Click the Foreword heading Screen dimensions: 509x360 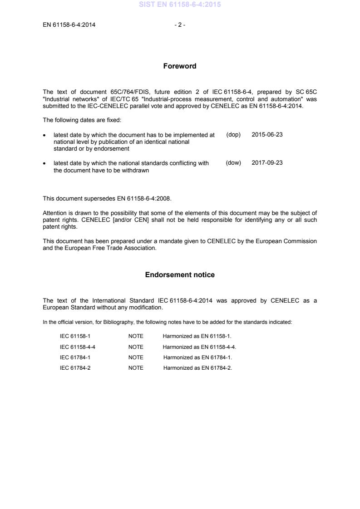180,66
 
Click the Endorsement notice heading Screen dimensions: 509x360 180,275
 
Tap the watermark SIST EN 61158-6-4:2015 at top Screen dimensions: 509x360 180,5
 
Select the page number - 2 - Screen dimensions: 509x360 180,25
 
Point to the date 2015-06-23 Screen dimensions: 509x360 267,135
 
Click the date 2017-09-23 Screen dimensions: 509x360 267,162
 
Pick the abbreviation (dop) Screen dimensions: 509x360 233,135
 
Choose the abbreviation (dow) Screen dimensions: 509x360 233,162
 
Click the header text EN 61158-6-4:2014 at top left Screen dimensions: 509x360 69,25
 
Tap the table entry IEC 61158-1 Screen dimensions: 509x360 72,336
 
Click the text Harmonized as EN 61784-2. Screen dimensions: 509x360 197,368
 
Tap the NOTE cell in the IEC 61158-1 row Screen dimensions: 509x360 136,336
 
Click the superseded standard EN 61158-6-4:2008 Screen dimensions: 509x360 144,198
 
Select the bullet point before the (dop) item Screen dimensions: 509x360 45,135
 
